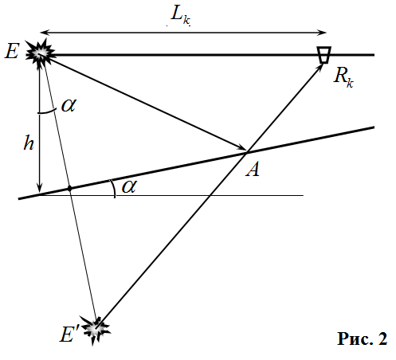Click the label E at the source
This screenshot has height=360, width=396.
(x=12, y=51)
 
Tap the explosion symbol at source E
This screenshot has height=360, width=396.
(x=41, y=53)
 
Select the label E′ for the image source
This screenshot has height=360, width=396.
(x=69, y=334)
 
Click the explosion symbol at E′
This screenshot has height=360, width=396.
(x=96, y=329)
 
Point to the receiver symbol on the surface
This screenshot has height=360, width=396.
(x=324, y=55)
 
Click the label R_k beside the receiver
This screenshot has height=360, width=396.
(x=343, y=77)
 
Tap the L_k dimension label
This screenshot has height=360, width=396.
(x=181, y=15)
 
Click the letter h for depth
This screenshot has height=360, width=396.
(x=29, y=143)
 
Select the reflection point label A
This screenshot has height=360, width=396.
(x=253, y=169)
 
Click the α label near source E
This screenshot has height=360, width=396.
(x=69, y=105)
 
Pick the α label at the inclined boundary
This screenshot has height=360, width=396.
(x=129, y=186)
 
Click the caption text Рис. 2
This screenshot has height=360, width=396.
(x=363, y=339)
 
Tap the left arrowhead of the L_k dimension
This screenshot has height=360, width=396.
(x=44, y=33)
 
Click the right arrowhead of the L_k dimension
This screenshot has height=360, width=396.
(x=322, y=33)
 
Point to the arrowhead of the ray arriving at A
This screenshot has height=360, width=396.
(x=242, y=148)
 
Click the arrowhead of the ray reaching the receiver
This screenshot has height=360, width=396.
(x=320, y=67)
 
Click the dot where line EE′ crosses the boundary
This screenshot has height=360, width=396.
(x=70, y=189)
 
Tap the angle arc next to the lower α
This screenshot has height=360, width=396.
(x=114, y=188)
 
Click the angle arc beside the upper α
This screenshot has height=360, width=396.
(x=48, y=112)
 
